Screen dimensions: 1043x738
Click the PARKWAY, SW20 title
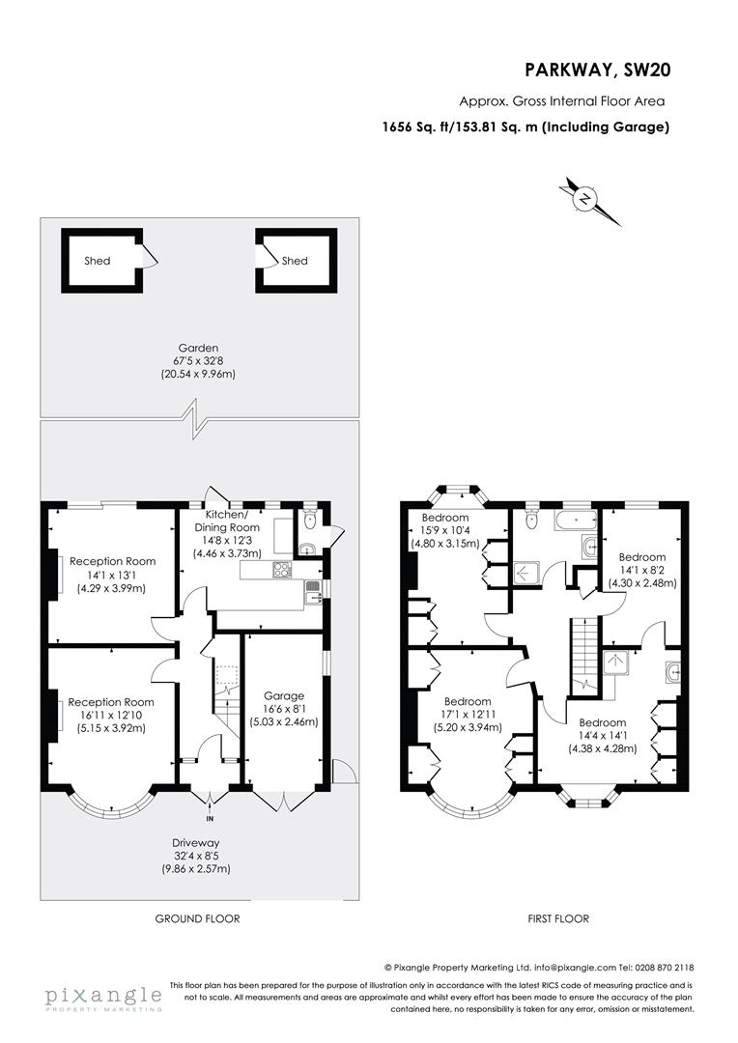pos(596,69)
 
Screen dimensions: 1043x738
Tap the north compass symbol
pos(584,200)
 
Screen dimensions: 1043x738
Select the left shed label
pos(98,261)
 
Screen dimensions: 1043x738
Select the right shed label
pos(295,261)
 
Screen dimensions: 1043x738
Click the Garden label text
pos(197,348)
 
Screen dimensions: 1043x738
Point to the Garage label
pos(284,695)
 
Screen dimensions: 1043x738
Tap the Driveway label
pos(197,843)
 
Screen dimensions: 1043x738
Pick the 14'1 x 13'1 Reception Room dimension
pos(110,575)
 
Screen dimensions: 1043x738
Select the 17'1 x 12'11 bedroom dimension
pos(468,715)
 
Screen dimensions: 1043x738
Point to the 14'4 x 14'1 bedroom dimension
pos(603,736)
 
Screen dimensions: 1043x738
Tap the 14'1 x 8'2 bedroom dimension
pos(641,571)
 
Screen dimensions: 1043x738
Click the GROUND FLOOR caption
pos(197,918)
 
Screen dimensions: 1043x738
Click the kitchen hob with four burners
pos(282,570)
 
